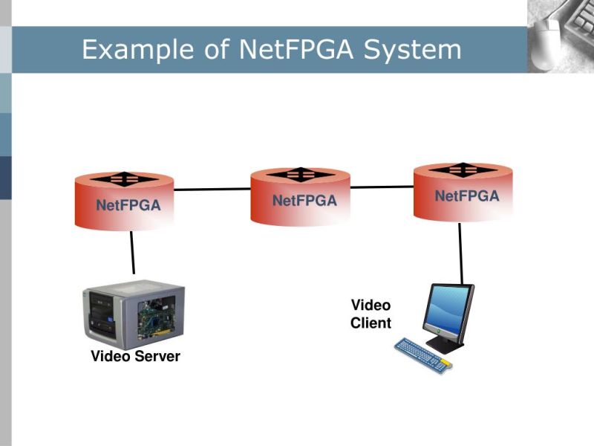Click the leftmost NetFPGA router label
(x=128, y=206)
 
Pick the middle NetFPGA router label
(x=304, y=201)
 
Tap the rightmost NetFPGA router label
(x=467, y=196)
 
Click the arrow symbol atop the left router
(x=125, y=178)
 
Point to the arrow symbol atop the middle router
(x=300, y=174)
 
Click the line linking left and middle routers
(x=212, y=189)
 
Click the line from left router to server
(x=132, y=253)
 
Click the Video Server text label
(x=135, y=357)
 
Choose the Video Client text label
(x=371, y=314)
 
